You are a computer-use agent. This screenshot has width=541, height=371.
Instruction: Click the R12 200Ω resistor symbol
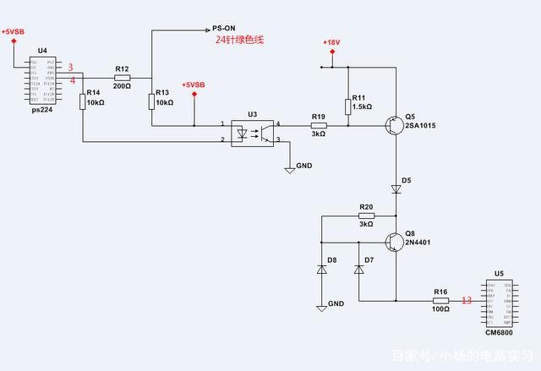click(122, 77)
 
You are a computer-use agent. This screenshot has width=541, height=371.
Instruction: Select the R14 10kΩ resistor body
click(83, 102)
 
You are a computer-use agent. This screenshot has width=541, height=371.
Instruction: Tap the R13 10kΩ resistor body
click(151, 102)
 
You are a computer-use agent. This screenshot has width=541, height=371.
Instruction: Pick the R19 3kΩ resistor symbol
click(318, 126)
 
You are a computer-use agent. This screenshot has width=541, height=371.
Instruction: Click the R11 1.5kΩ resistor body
click(347, 106)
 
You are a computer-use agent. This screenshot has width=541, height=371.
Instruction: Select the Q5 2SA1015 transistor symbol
click(393, 126)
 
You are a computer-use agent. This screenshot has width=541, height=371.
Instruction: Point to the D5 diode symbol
click(396, 189)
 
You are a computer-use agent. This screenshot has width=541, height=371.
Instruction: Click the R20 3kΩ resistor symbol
click(366, 216)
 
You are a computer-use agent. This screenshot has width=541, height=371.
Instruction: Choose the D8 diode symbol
click(322, 269)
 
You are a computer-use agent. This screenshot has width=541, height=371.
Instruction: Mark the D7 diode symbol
click(358, 269)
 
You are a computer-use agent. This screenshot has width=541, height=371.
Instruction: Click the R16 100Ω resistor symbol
click(440, 300)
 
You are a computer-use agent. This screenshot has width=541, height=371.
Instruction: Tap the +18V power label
click(332, 42)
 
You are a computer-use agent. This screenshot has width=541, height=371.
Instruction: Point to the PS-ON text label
click(224, 28)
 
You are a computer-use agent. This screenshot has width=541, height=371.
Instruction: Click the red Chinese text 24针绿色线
click(240, 40)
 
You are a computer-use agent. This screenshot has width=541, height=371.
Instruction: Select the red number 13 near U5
click(466, 300)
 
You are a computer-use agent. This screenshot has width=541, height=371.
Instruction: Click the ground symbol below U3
click(290, 170)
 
